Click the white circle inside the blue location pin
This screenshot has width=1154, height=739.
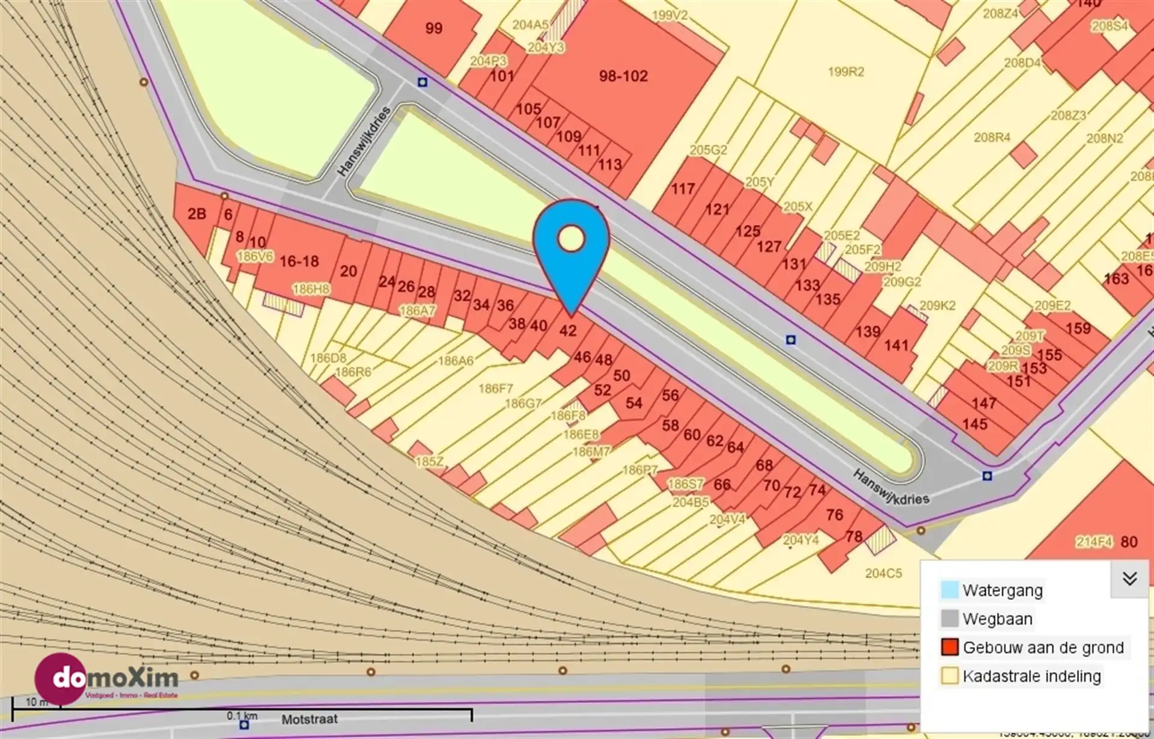(571, 239)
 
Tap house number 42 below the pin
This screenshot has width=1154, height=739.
(568, 331)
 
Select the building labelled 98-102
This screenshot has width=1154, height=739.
(623, 76)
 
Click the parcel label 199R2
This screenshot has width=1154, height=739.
(846, 72)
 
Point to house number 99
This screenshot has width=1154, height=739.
(433, 28)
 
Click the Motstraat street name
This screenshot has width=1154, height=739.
(310, 719)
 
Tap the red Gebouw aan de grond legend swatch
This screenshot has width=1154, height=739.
(950, 648)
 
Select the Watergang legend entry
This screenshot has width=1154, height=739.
(1002, 590)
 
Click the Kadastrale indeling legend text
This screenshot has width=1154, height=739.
(1031, 676)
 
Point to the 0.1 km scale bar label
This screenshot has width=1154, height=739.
(242, 716)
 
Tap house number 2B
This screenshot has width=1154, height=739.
(197, 214)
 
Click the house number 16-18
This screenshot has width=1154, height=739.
(299, 262)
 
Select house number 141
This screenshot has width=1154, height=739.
(896, 346)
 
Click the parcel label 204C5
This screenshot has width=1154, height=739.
(883, 573)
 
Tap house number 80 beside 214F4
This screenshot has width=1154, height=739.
(1129, 542)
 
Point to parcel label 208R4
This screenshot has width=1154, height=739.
(992, 138)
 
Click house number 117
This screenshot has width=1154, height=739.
(683, 189)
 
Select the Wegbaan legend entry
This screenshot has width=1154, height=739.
(997, 619)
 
